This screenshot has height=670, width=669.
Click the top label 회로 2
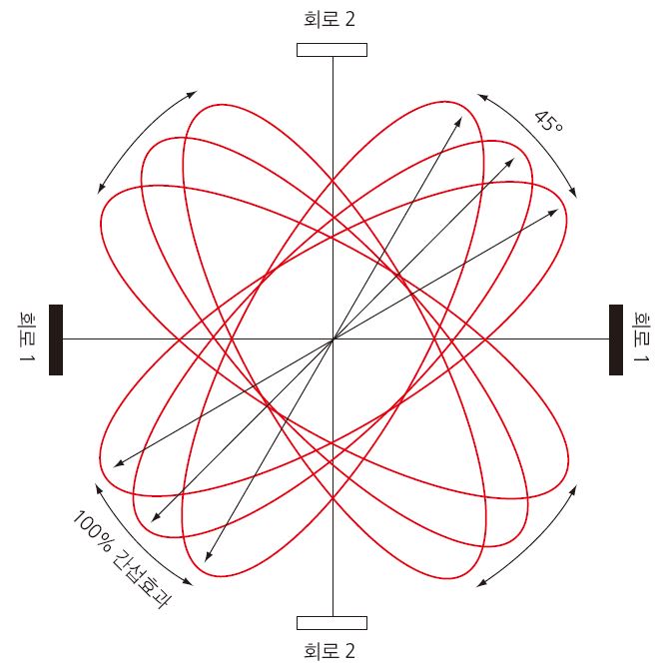point(330,20)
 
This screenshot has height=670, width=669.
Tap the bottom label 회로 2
point(330,651)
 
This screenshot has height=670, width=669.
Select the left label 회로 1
point(27,336)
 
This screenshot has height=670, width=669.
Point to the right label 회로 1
point(641,336)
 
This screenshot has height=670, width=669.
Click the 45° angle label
point(549,122)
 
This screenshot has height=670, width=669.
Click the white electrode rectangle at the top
point(332,50)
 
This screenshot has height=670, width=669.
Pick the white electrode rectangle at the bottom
point(332,623)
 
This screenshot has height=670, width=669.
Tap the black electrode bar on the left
point(56,339)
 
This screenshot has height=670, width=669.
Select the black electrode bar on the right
point(616,339)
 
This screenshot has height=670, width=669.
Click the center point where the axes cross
point(334,339)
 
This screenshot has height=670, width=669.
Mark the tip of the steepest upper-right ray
point(461,118)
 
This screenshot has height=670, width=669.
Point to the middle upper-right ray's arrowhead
point(514,159)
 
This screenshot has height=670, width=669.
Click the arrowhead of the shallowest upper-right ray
point(557,210)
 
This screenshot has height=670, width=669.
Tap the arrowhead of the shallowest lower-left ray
point(114,467)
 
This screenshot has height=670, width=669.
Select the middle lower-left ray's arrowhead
point(152,522)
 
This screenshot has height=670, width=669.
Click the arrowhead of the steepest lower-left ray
point(206,561)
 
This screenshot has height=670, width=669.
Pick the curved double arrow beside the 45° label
point(535,138)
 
